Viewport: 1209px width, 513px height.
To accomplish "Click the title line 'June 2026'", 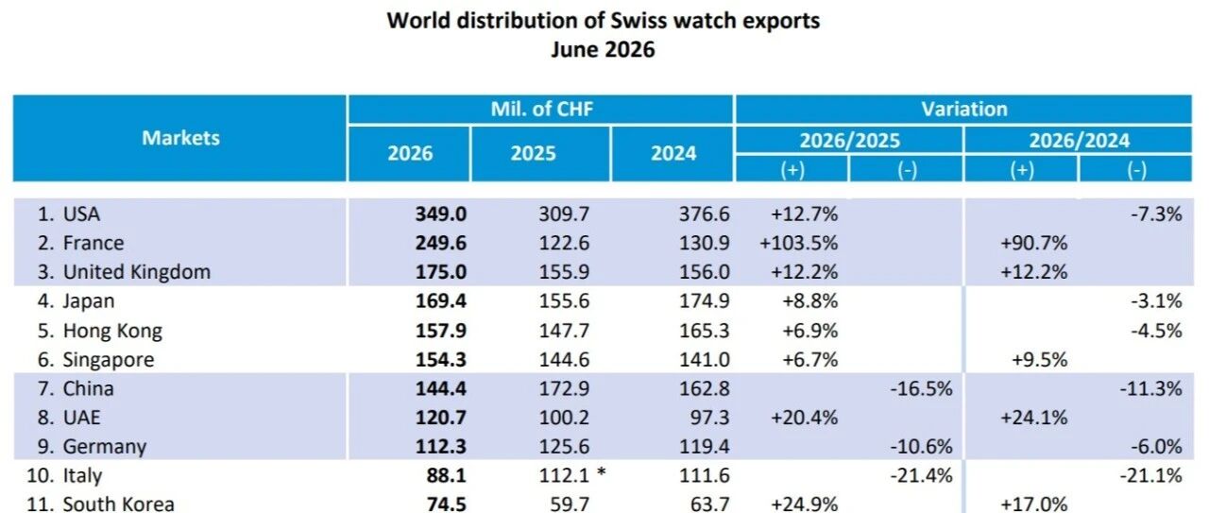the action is click(x=603, y=50).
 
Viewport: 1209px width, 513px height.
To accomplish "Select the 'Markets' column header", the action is click(x=180, y=138).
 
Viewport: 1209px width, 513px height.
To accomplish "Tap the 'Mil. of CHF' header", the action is click(x=542, y=109).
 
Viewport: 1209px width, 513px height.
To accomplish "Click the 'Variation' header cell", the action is click(x=964, y=109).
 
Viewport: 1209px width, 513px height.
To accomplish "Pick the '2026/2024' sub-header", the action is click(x=1079, y=141).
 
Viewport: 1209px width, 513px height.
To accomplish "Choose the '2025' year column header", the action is click(x=534, y=153).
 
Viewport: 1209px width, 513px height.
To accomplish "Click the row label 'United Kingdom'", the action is click(x=137, y=272).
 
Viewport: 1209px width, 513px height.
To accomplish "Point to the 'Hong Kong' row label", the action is click(x=112, y=331).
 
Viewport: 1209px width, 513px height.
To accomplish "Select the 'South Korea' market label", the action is click(x=119, y=504).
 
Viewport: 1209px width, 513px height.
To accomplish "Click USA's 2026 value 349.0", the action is click(x=440, y=214).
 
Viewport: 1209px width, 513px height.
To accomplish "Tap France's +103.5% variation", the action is click(x=799, y=243).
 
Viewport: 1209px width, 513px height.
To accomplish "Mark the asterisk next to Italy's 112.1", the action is click(x=602, y=473).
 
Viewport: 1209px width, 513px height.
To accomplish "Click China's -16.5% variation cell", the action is click(x=921, y=389).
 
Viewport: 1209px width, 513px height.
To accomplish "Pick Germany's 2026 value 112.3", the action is click(x=440, y=447).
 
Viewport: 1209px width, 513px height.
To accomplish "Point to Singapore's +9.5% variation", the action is click(x=1040, y=360).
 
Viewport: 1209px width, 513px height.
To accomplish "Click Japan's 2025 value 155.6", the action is click(x=564, y=301).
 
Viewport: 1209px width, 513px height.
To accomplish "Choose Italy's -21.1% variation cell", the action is click(x=1150, y=476).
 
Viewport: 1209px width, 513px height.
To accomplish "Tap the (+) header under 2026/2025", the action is click(x=792, y=170).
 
